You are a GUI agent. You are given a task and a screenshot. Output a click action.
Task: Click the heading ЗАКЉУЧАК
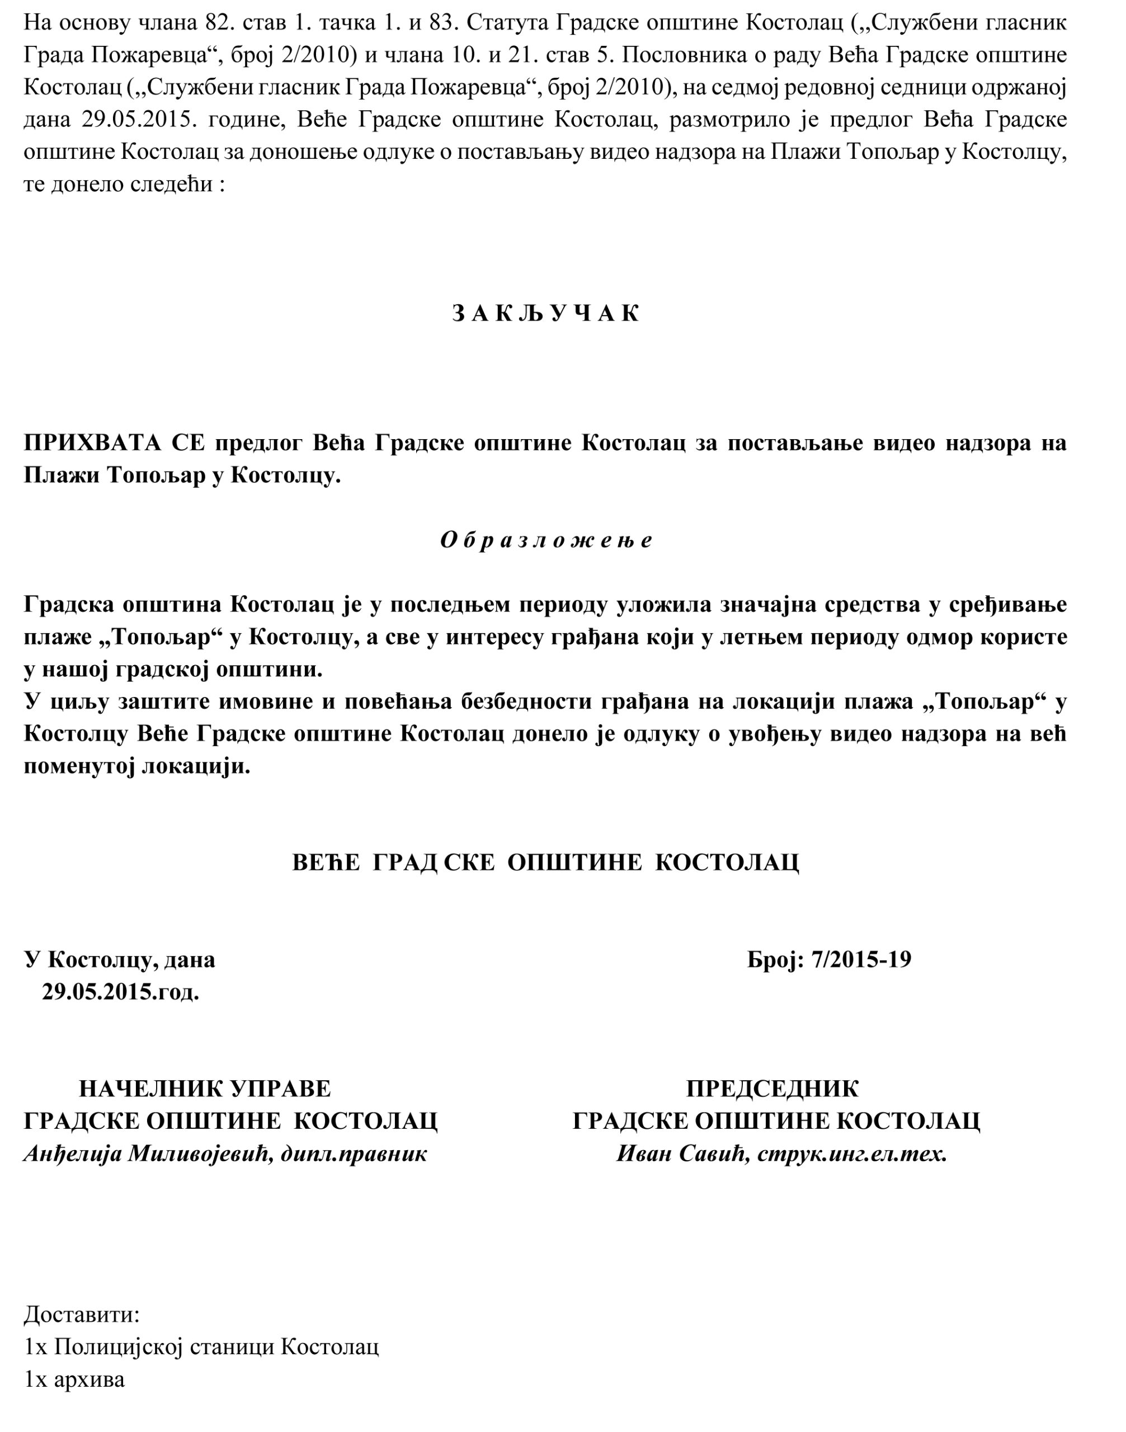point(546,314)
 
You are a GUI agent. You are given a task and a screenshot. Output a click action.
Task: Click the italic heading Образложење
point(546,540)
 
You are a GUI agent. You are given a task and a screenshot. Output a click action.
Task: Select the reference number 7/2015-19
point(861,959)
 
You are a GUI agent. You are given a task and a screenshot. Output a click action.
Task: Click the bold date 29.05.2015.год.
point(121,992)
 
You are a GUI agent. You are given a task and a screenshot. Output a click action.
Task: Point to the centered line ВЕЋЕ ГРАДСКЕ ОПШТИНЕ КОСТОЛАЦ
point(546,863)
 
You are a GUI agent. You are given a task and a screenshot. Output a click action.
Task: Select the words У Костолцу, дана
point(120,959)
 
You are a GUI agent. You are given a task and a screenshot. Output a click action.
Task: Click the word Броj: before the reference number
point(775,959)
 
